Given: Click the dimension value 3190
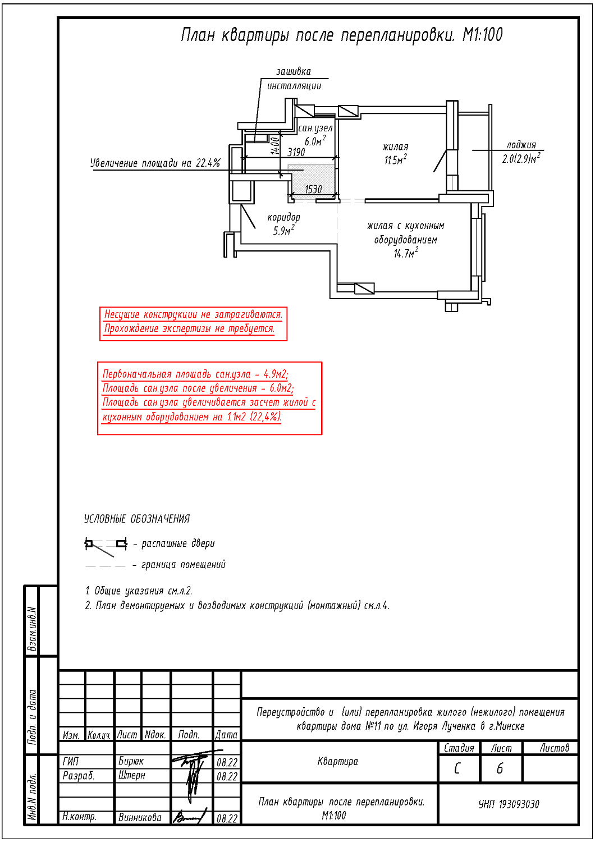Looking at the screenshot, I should [x=296, y=152].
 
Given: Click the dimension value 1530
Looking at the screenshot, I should [x=313, y=189].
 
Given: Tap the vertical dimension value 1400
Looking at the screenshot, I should [x=275, y=145].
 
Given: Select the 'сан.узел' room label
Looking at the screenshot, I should [x=315, y=128].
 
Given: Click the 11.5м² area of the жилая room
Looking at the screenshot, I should [x=395, y=161].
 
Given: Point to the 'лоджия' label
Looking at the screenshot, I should [x=521, y=145].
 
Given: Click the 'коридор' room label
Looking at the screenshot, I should [x=283, y=217].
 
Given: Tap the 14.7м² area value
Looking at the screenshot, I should [x=405, y=254].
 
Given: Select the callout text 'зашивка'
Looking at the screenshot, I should [x=293, y=71].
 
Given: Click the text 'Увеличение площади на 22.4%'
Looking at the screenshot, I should [x=155, y=163].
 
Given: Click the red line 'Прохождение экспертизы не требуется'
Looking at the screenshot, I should [x=189, y=329].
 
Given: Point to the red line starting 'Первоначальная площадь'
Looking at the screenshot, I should [x=195, y=374].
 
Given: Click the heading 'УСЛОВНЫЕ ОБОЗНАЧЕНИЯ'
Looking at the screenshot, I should [x=137, y=519].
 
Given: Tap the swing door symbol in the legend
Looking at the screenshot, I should [x=106, y=544].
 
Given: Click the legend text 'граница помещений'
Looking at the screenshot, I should [x=183, y=565].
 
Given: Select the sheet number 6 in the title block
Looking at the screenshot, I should [x=500, y=768].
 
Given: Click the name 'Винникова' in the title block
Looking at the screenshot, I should [x=140, y=818].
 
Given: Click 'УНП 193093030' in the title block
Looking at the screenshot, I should [x=509, y=804].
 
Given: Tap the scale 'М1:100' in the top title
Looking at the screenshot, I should [x=482, y=35].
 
